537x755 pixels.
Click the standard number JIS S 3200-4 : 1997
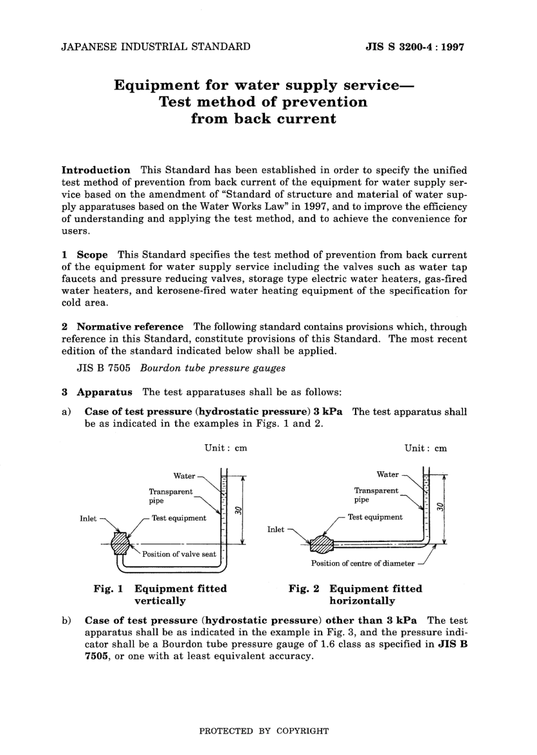pyautogui.click(x=415, y=47)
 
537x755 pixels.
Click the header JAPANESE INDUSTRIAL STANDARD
pyautogui.click(x=155, y=46)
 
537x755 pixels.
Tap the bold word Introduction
pyautogui.click(x=96, y=170)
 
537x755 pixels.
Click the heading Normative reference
pyautogui.click(x=130, y=327)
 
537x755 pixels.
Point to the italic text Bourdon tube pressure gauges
pyautogui.click(x=213, y=368)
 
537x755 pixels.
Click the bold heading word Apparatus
pyautogui.click(x=105, y=392)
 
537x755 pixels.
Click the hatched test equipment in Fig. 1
pyautogui.click(x=120, y=544)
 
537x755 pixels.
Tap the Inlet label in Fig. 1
pyautogui.click(x=88, y=519)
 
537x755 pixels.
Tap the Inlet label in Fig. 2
pyautogui.click(x=276, y=530)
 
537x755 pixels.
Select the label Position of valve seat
pyautogui.click(x=179, y=554)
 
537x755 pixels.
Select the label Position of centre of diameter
pyautogui.click(x=362, y=563)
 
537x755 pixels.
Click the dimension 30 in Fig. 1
pyautogui.click(x=239, y=510)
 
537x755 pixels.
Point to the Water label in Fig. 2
pyautogui.click(x=388, y=474)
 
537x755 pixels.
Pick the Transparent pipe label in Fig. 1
pyautogui.click(x=170, y=496)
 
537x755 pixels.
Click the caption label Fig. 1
pyautogui.click(x=109, y=589)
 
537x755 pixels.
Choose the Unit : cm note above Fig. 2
pyautogui.click(x=426, y=448)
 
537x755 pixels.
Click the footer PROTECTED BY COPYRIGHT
pyautogui.click(x=264, y=731)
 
